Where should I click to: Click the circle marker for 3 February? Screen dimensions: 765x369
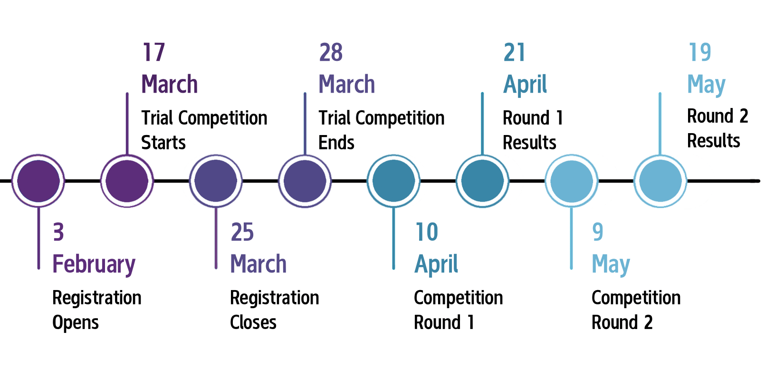click(x=38, y=181)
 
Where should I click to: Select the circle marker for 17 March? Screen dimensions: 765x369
click(x=127, y=181)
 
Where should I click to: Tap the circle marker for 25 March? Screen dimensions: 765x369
click(x=216, y=181)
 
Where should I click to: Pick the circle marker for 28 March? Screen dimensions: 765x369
click(x=305, y=181)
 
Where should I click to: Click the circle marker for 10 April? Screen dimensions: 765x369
click(x=394, y=181)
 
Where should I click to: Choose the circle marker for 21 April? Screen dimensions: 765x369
click(x=483, y=181)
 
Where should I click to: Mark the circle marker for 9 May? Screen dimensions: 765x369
click(x=572, y=181)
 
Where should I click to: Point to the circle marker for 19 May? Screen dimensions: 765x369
click(x=660, y=181)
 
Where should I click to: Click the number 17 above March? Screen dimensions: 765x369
click(x=153, y=52)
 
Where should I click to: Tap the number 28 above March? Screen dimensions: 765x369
click(x=331, y=52)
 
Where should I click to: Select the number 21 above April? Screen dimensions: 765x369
click(x=514, y=52)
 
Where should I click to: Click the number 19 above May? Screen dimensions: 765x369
click(x=700, y=52)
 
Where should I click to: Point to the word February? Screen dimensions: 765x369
click(x=94, y=264)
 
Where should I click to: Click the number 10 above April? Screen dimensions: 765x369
click(x=427, y=232)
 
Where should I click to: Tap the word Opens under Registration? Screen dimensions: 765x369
click(x=76, y=323)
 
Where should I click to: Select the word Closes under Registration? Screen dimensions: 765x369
click(x=253, y=322)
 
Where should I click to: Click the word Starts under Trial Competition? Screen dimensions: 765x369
click(x=163, y=142)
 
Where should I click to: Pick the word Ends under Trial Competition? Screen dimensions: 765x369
click(x=336, y=142)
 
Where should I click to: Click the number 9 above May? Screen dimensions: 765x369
click(x=598, y=232)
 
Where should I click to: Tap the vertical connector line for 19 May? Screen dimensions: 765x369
click(x=660, y=123)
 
